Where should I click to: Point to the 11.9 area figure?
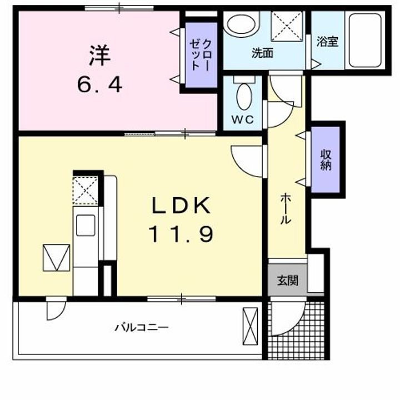181,234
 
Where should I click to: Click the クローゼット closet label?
201,54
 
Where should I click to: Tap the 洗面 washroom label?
262,54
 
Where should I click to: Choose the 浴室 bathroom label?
327,42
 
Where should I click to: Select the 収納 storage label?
326,160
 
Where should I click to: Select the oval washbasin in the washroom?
241,24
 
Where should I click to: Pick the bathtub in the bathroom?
364,39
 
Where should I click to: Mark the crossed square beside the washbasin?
287,25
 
